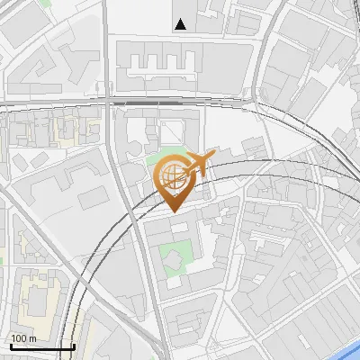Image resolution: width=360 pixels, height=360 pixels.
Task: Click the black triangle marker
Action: [182, 24]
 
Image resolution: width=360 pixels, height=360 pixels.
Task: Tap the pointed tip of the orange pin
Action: [172, 211]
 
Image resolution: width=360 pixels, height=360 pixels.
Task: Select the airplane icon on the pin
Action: [200, 163]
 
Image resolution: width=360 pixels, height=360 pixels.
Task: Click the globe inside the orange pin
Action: [172, 174]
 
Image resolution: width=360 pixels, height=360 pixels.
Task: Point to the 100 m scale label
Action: [22, 338]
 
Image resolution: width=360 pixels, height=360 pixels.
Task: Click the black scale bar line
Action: [42, 346]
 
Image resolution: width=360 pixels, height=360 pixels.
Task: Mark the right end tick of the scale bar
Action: [74, 345]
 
